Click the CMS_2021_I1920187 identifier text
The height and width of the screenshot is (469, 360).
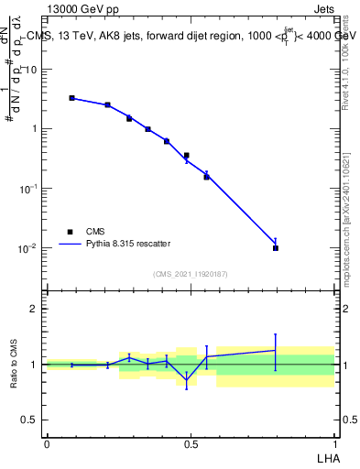191,274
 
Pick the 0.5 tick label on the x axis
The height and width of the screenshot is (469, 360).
191,444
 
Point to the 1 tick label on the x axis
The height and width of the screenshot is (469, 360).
334,444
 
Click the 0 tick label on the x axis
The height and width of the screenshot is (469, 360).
47,444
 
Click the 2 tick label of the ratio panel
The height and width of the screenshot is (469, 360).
35,309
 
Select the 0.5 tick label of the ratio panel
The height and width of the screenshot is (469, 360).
30,420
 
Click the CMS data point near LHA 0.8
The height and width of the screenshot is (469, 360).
276,247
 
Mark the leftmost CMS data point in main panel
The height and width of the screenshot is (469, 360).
71,98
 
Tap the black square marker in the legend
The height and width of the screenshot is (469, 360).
70,232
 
